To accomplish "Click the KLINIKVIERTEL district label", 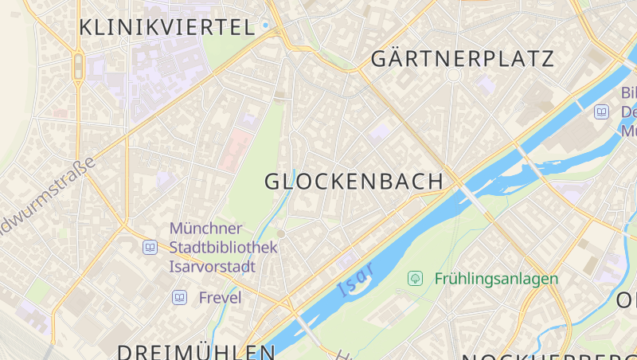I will [166, 26].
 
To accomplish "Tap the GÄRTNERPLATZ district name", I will [462, 58].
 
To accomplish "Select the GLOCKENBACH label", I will [354, 182].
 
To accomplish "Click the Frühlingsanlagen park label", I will [496, 279].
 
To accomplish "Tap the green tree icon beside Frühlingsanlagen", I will [414, 279].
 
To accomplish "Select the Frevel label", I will [220, 298].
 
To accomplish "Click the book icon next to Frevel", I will [180, 298].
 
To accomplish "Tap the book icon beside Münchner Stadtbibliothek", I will [150, 248].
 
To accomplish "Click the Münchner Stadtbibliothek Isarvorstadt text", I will [223, 247].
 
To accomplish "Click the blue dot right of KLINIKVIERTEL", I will [265, 26].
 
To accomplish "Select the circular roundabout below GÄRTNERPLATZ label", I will [454, 75].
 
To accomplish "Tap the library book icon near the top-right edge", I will [601, 112].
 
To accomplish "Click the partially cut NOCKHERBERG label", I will [549, 355].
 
